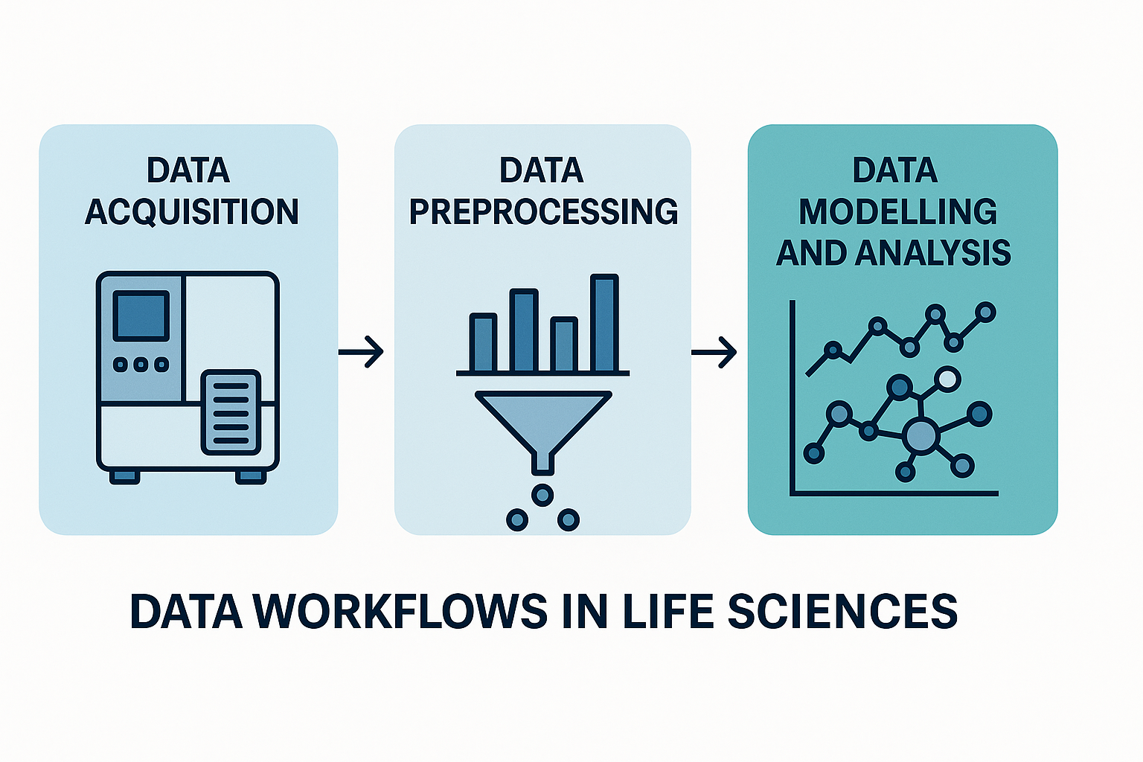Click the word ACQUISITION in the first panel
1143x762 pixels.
tap(192, 212)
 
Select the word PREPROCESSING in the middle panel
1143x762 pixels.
tap(543, 212)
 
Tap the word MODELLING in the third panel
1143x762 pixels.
tap(897, 212)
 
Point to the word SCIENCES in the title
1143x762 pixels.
tap(842, 612)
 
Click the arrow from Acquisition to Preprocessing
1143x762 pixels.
tap(362, 350)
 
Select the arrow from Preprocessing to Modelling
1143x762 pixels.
tap(714, 350)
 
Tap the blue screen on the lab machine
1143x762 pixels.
tap(141, 316)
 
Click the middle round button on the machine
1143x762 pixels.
tap(141, 364)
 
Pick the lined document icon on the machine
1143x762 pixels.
tap(231, 412)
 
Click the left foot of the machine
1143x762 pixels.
tap(124, 476)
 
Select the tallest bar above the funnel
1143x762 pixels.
tap(604, 324)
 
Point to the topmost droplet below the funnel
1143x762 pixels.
tap(542, 494)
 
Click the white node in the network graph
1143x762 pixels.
tap(947, 380)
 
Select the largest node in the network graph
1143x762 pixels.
tap(921, 436)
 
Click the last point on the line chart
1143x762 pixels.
tap(985, 313)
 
